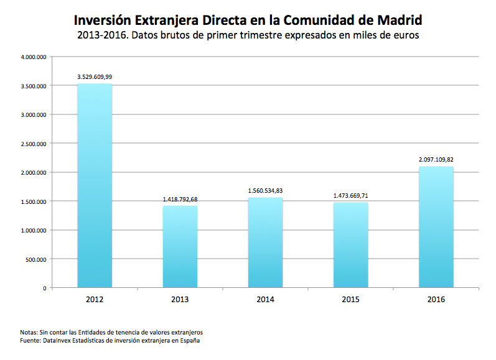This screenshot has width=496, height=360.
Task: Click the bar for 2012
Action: pyautogui.click(x=95, y=186)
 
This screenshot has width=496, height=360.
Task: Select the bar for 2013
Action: pyautogui.click(x=180, y=247)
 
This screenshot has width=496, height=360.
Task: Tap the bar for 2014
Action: pyautogui.click(x=265, y=242)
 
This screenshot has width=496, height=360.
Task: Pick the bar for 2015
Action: pyautogui.click(x=350, y=245)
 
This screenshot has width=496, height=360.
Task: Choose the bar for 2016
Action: pyautogui.click(x=436, y=227)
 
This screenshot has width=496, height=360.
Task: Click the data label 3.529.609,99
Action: pyautogui.click(x=95, y=77)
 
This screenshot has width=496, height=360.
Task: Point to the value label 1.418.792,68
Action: pyautogui.click(x=180, y=200)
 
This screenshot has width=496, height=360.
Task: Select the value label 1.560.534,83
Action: pyautogui.click(x=265, y=191)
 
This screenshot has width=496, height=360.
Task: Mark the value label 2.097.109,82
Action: pyautogui.click(x=436, y=160)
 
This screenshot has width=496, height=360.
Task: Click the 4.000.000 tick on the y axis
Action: pyautogui.click(x=34, y=57)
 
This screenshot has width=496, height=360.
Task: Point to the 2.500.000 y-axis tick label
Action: pyautogui.click(x=34, y=144)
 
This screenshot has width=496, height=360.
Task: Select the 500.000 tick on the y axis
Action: pyautogui.click(x=37, y=259)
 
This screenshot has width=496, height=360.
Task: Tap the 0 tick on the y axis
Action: pyautogui.click(x=44, y=288)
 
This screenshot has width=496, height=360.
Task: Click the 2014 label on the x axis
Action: pyautogui.click(x=265, y=299)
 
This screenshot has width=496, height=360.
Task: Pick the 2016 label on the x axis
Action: pyautogui.click(x=436, y=299)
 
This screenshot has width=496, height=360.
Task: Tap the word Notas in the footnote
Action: pyautogui.click(x=29, y=333)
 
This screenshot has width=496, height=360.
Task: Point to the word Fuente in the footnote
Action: pyautogui.click(x=30, y=341)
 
